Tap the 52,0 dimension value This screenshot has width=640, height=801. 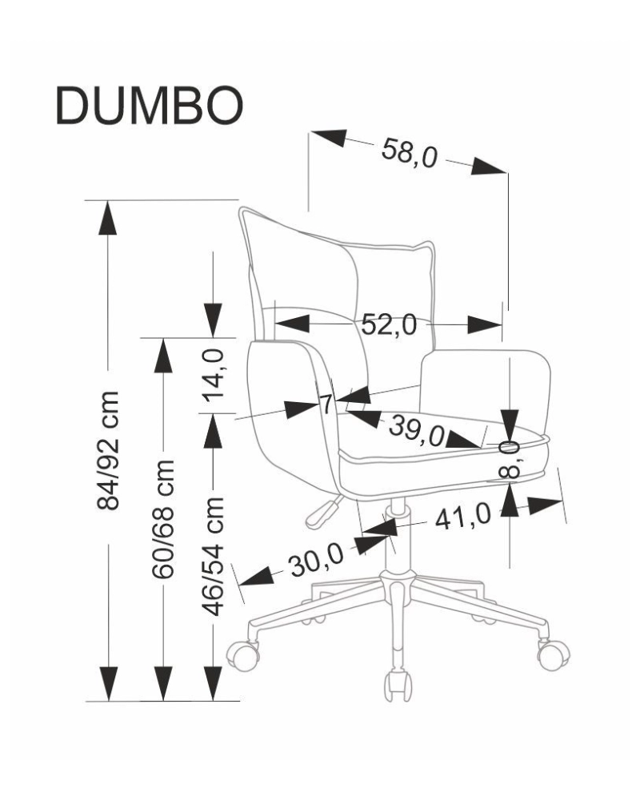pyautogui.click(x=390, y=324)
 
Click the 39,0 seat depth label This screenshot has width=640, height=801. pyautogui.click(x=416, y=430)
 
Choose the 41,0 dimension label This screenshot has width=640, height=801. pyautogui.click(x=462, y=518)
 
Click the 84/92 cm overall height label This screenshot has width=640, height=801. pyautogui.click(x=107, y=451)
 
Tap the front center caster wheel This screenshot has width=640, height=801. pyautogui.click(x=398, y=686)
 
